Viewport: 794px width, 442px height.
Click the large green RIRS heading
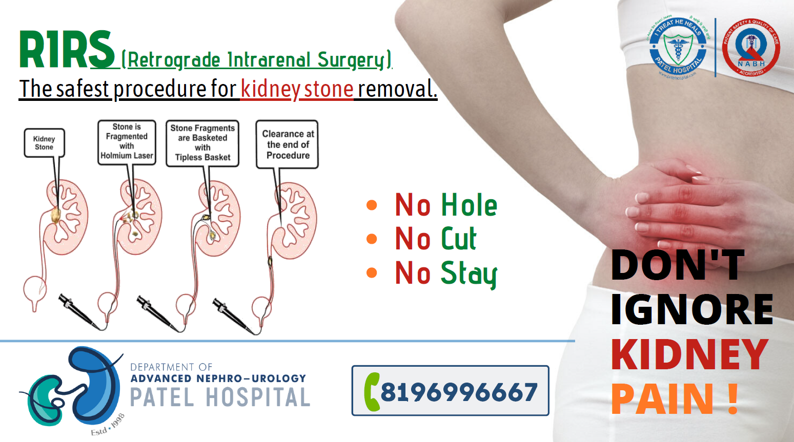[67, 50]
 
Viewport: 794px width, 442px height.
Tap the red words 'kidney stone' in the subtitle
[297, 89]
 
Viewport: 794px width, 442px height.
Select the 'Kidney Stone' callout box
[44, 143]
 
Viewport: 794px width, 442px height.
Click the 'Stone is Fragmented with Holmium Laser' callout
[127, 142]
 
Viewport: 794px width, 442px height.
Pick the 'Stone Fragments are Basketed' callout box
[202, 143]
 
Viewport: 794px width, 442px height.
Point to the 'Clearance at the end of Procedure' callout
[288, 144]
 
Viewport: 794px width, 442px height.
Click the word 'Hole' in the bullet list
[469, 205]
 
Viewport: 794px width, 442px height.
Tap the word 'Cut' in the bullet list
[459, 239]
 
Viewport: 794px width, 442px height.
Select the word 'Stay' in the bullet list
[469, 273]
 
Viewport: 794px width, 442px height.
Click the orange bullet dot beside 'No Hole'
[372, 205]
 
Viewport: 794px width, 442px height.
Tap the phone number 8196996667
[459, 392]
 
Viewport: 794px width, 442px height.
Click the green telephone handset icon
[372, 392]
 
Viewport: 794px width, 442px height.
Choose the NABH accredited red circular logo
[751, 48]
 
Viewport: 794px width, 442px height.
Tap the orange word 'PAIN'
[662, 398]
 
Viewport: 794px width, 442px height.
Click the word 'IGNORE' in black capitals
[691, 310]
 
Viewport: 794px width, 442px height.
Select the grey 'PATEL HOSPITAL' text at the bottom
[220, 397]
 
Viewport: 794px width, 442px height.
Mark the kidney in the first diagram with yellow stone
[64, 218]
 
